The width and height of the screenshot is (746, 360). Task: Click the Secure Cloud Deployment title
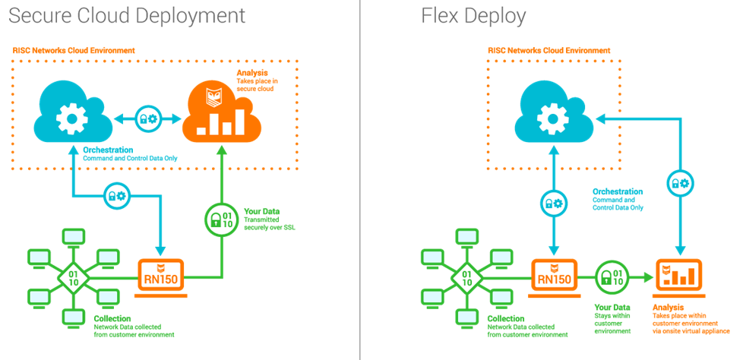tap(128, 16)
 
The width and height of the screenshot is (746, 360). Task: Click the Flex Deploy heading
tap(473, 16)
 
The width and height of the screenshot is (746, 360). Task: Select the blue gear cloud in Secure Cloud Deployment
tap(73, 114)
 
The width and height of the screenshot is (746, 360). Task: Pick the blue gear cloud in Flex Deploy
tap(552, 114)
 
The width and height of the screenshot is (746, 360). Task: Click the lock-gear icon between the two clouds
tap(147, 119)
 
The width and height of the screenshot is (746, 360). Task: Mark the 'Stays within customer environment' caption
tap(612, 323)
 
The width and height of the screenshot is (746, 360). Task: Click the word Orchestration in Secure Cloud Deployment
tap(108, 150)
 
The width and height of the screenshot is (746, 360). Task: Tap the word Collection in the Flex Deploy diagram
tap(506, 318)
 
